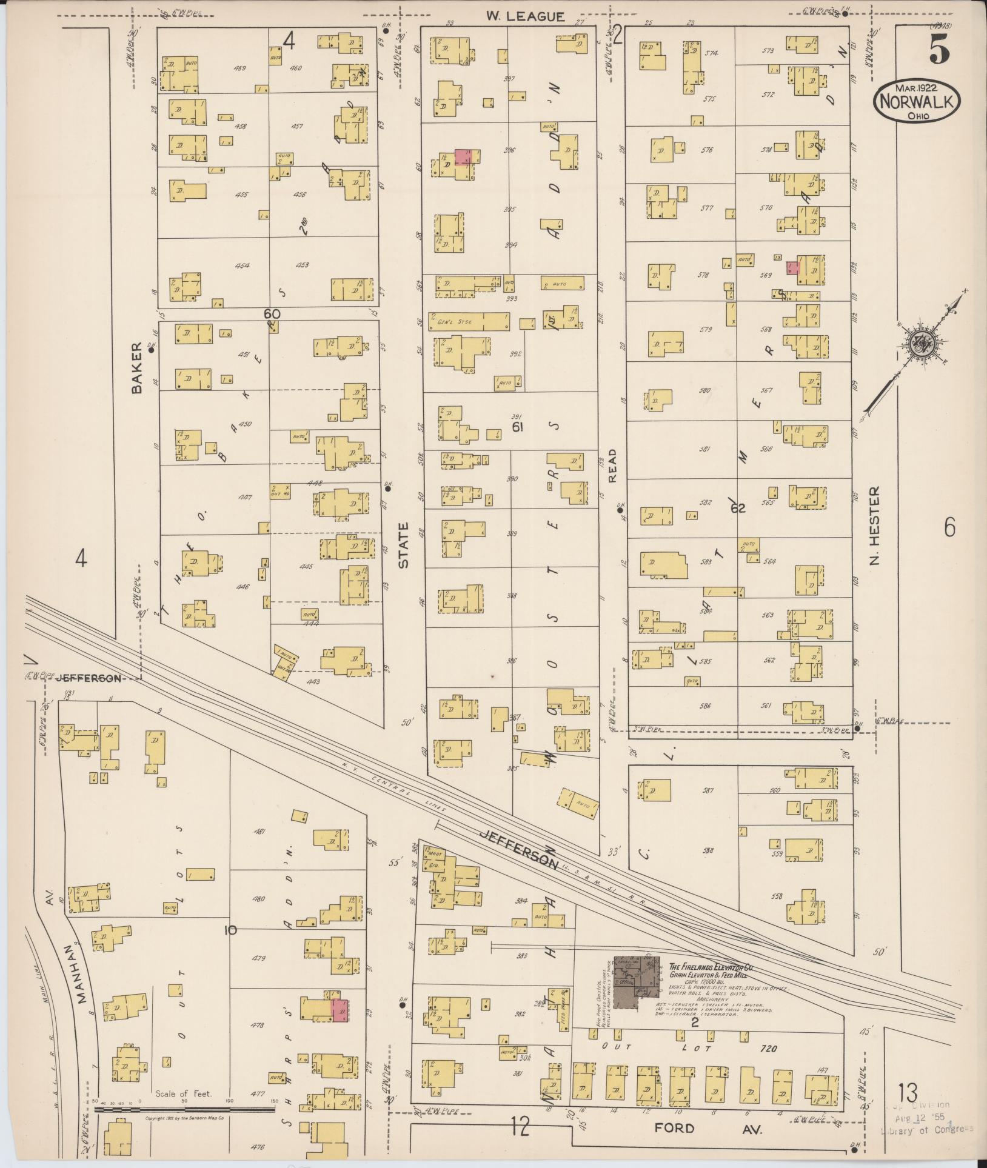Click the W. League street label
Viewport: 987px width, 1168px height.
pyautogui.click(x=525, y=17)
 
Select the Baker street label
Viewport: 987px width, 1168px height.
pyautogui.click(x=136, y=367)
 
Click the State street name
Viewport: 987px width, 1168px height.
pyautogui.click(x=404, y=545)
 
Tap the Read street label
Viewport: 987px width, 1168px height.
pyautogui.click(x=612, y=466)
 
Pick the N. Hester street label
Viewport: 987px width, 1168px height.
pyautogui.click(x=874, y=524)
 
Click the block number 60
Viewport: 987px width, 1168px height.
pyautogui.click(x=272, y=314)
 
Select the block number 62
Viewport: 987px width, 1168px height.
pyautogui.click(x=737, y=509)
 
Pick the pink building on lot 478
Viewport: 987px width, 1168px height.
pyautogui.click(x=340, y=1010)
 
